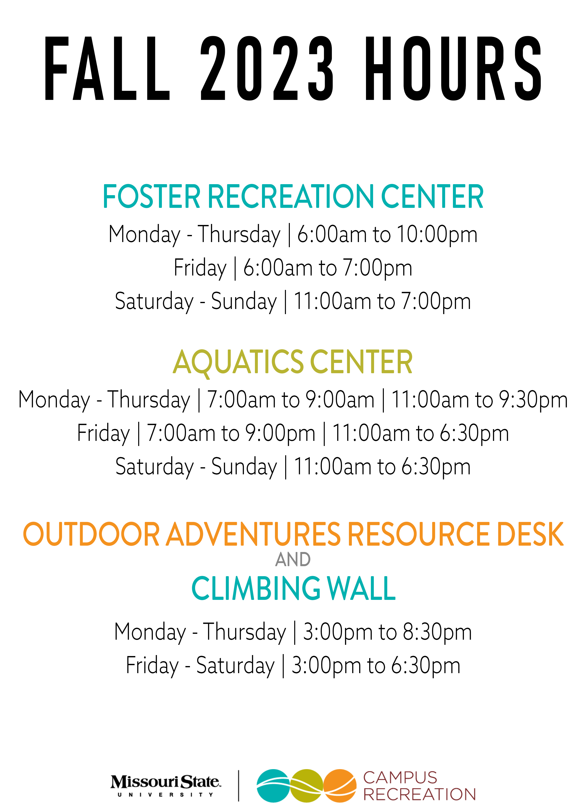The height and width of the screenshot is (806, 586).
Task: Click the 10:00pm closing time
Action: tap(437, 234)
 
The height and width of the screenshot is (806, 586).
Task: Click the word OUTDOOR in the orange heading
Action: tap(91, 534)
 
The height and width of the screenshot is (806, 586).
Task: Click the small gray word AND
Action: tap(293, 560)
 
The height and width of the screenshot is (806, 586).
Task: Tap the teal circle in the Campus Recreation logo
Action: tap(274, 786)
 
